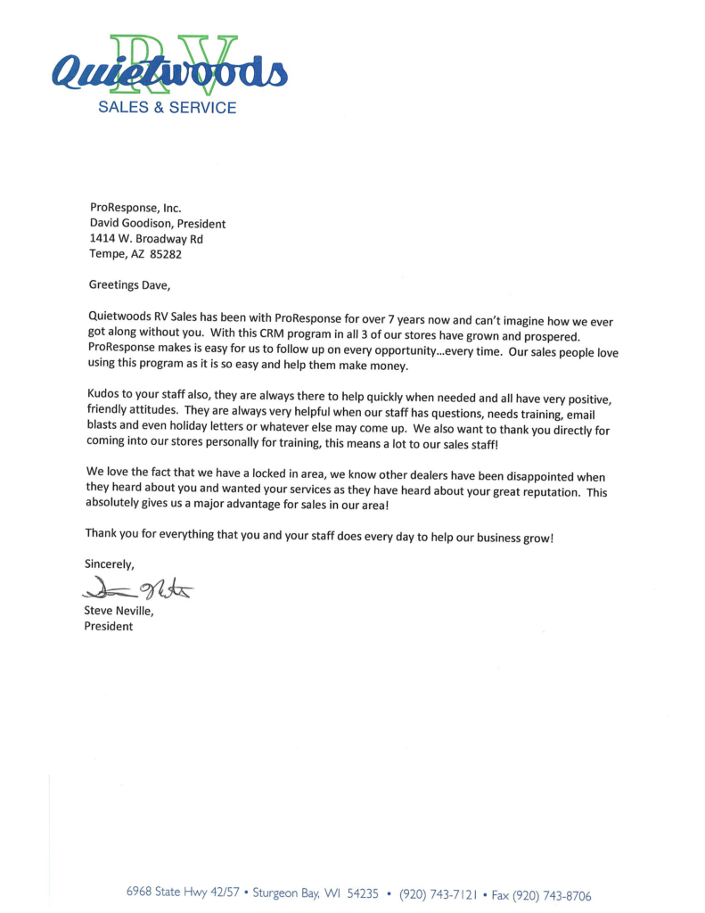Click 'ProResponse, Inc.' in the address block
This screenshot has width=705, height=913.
click(x=135, y=208)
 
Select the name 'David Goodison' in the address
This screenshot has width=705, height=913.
click(x=130, y=223)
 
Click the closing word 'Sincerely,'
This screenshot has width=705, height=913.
click(x=110, y=563)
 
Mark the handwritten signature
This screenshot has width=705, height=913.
click(x=139, y=588)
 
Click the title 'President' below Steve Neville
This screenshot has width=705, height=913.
click(x=108, y=626)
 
